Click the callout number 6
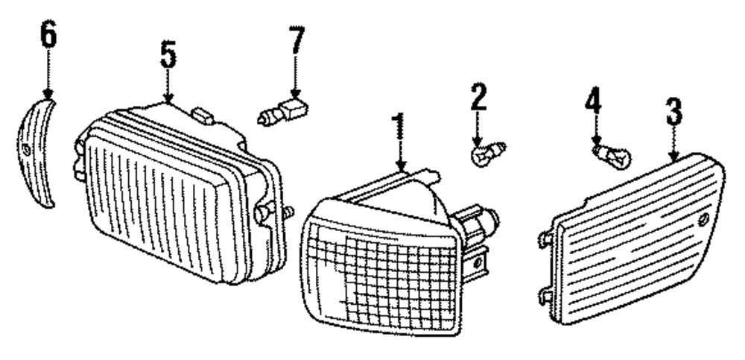(48, 36)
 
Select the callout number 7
(297, 41)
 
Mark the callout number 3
(673, 113)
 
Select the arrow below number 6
(48, 75)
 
